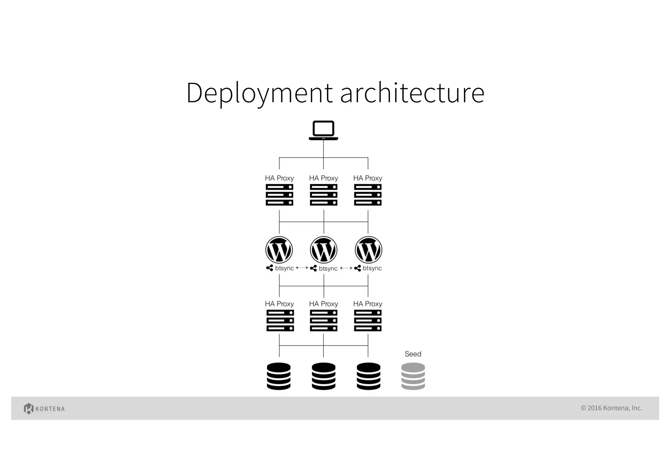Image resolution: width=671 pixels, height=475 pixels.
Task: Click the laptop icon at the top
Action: coord(323,130)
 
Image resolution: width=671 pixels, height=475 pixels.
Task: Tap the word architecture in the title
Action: coord(412,93)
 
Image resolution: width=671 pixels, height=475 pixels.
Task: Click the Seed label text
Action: coord(413,354)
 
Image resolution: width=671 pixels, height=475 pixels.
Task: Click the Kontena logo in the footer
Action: coord(44,408)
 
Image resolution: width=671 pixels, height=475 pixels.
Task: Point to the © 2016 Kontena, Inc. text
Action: coord(611,408)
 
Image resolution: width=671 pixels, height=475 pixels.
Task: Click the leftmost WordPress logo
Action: coord(279,250)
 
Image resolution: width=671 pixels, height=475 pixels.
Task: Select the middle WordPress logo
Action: coord(324,250)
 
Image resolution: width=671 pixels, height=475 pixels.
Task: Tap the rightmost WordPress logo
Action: coord(368,250)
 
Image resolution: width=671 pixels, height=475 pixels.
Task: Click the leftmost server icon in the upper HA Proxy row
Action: coord(279,195)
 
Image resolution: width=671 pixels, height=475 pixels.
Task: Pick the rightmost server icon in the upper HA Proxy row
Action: coord(368,195)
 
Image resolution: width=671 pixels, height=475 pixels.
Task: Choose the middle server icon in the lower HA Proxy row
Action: coord(323,320)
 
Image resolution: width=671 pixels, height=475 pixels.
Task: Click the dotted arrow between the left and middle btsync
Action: coord(302,268)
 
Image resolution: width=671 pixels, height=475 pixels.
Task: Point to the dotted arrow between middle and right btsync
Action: coord(346,268)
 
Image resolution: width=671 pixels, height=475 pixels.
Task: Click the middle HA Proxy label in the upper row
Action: coord(323,178)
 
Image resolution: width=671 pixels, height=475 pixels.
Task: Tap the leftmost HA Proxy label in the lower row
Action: coord(279,304)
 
